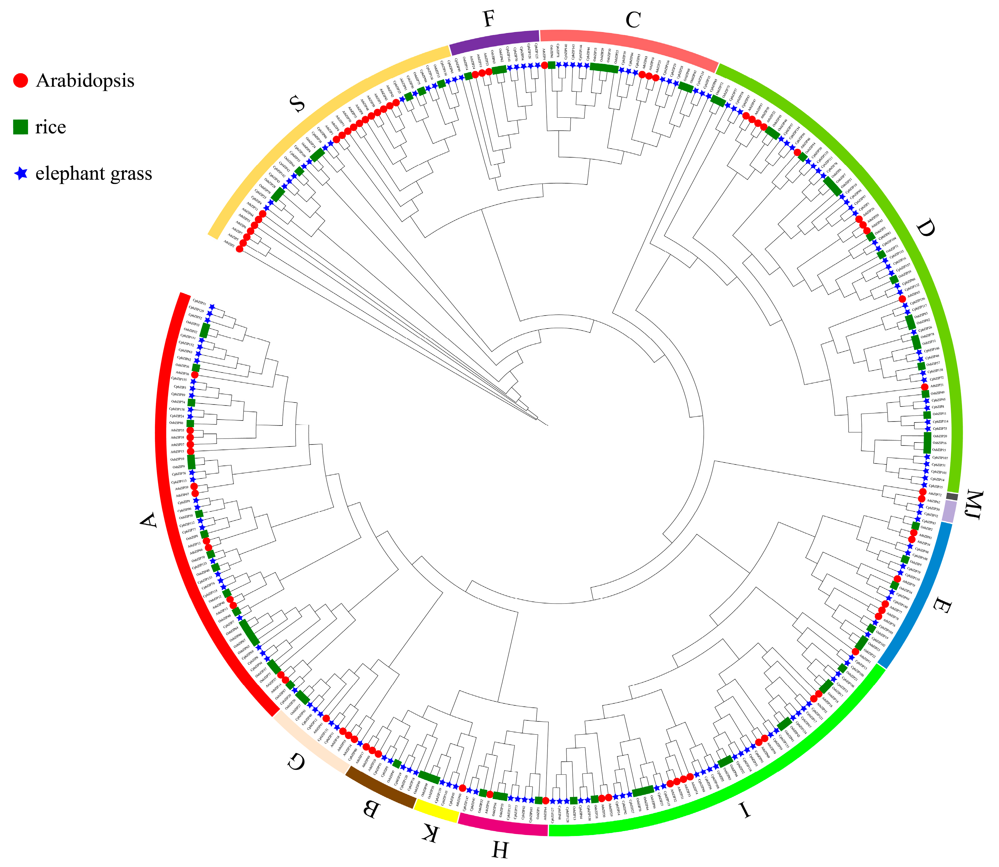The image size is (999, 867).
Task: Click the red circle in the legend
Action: [20, 81]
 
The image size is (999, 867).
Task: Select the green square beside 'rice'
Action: [20, 127]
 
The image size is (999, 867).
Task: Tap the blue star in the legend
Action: [21, 173]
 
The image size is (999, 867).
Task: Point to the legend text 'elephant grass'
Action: [93, 173]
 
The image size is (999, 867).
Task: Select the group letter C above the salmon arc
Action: [633, 20]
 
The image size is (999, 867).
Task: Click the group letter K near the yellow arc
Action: [430, 833]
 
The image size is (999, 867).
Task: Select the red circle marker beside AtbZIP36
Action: [195, 375]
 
